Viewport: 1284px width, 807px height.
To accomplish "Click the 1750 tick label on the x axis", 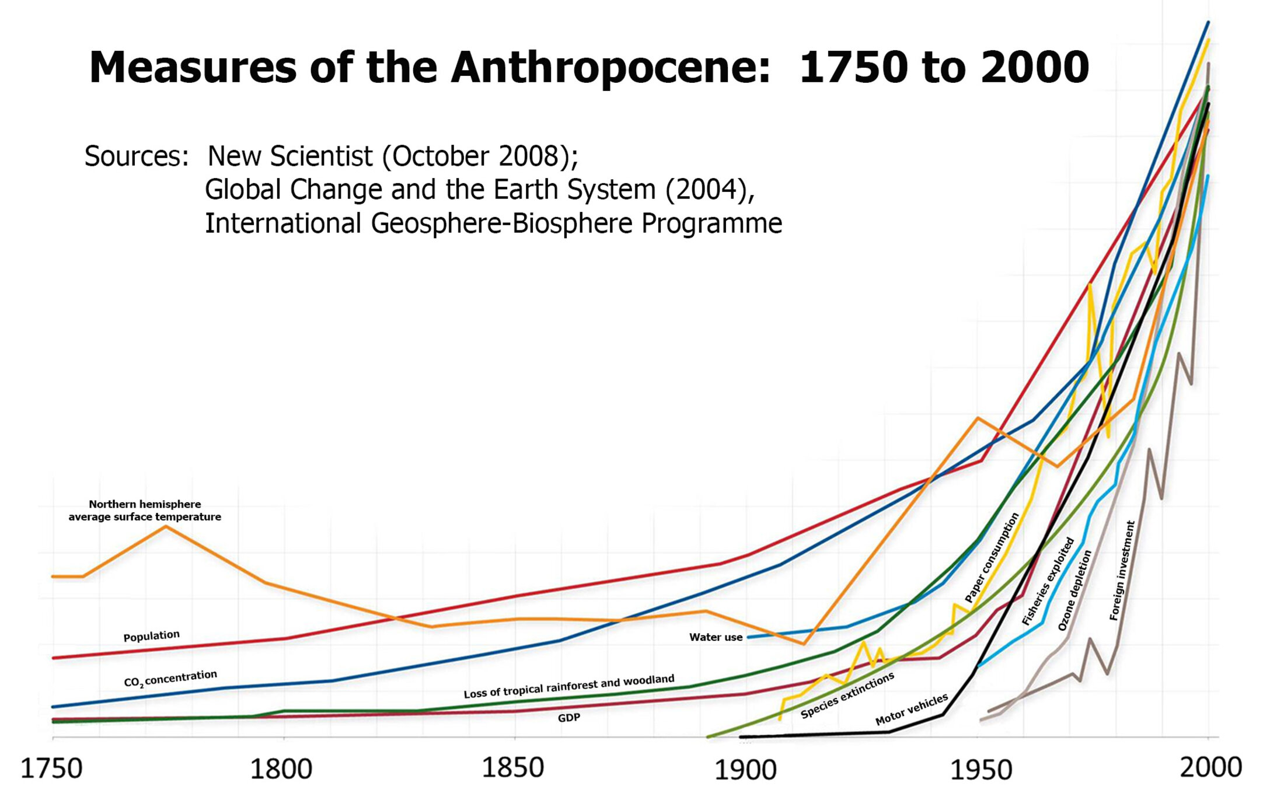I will coord(51,768).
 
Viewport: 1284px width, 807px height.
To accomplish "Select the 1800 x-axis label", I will coord(281,768).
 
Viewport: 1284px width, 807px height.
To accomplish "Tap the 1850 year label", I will coord(512,767).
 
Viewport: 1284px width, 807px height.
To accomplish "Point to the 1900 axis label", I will coord(745,770).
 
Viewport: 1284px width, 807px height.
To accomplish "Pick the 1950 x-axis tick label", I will coord(981,770).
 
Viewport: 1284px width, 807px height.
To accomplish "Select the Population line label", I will coord(151,635).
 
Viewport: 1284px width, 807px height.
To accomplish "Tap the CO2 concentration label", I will coord(170,679).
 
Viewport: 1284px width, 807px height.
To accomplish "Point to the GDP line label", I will coord(568,718).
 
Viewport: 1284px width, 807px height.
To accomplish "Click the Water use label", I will coord(716,637).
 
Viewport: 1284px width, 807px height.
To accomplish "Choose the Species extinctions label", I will coord(847,695).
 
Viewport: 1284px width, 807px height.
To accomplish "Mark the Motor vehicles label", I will coord(911,710).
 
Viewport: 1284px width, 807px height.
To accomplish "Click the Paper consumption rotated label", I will coord(992,557).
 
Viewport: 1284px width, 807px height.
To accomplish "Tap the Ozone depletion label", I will coord(1074,591).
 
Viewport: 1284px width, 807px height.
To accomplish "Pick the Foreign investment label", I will coord(1122,570).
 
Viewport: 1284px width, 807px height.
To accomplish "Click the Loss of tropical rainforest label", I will coord(569,686).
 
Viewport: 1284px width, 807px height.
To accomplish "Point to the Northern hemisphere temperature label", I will coord(145,511).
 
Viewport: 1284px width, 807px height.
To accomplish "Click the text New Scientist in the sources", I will coord(290,156).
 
